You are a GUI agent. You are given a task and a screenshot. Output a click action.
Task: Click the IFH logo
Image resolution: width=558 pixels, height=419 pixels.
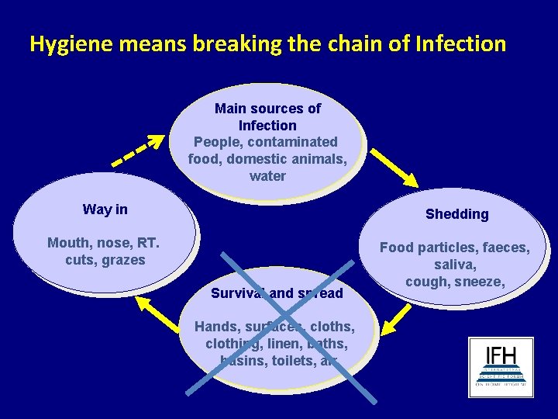(501, 367)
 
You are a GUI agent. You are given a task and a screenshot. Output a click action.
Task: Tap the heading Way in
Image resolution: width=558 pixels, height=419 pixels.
(105, 209)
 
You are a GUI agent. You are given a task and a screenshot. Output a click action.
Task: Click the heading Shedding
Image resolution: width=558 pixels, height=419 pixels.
(456, 214)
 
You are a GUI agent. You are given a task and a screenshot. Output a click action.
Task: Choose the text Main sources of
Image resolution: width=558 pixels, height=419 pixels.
(267, 109)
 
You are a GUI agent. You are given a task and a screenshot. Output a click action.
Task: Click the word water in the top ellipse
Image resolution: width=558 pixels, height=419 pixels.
(267, 176)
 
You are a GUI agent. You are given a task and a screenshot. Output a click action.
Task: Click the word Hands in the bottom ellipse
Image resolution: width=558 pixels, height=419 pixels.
(217, 327)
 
